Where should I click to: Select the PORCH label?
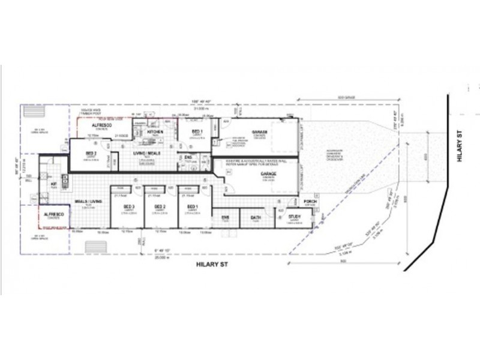310,201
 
